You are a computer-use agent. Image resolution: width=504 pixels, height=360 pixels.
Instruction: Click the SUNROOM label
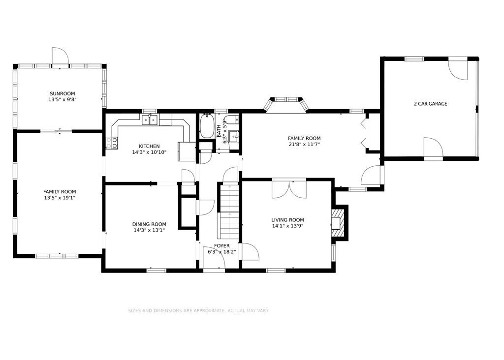[63, 94]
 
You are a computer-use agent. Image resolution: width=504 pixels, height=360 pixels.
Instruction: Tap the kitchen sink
[150, 120]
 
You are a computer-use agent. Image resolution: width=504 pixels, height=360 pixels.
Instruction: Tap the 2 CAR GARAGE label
[430, 104]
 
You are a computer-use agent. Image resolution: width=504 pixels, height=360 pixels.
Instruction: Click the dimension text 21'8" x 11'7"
[304, 144]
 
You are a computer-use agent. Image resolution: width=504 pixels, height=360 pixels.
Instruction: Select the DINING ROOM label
[149, 224]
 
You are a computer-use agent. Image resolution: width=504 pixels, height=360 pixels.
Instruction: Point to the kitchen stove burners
[112, 143]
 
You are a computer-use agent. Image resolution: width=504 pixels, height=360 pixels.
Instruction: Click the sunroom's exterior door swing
[61, 56]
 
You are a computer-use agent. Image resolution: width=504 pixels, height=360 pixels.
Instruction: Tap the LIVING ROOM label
[287, 220]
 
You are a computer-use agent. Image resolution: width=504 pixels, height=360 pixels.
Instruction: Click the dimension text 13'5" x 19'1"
[60, 198]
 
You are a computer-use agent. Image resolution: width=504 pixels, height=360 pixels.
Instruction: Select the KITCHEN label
[149, 147]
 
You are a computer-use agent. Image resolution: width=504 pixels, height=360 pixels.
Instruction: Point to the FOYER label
[222, 246]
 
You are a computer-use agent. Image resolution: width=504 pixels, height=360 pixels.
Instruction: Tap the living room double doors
[289, 189]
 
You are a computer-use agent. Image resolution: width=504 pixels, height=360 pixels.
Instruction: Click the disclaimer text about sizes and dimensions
[199, 310]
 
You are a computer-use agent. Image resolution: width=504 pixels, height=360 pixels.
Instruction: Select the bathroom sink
[234, 136]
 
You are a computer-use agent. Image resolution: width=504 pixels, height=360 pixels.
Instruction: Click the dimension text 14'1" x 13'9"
[287, 226]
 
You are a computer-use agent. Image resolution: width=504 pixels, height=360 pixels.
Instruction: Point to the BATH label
[219, 131]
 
